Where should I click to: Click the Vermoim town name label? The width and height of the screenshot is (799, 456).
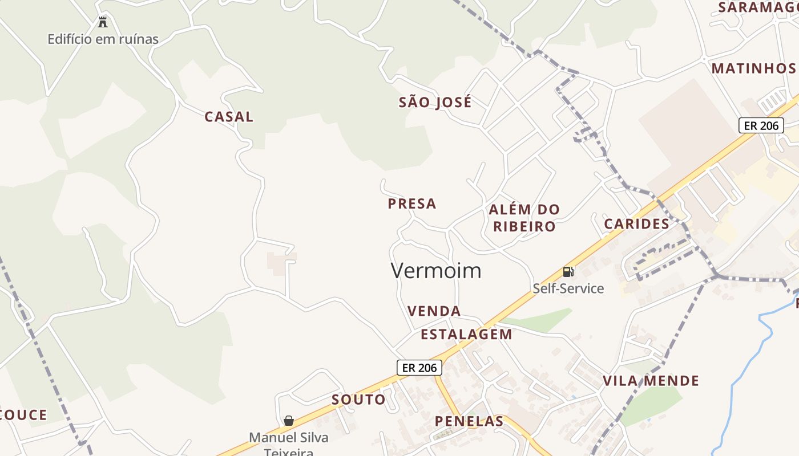[x=436, y=271]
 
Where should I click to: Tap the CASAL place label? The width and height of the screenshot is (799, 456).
[x=229, y=117]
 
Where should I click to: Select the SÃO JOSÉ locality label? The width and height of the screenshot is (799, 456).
[x=435, y=103]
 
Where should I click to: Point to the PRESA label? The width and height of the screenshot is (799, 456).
[x=412, y=204]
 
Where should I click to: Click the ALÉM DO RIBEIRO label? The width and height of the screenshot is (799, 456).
[x=524, y=218]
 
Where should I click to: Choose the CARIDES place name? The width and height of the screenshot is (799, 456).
[x=636, y=224]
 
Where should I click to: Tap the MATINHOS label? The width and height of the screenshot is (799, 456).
[x=753, y=68]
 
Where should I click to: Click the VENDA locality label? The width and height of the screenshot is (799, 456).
[x=434, y=311]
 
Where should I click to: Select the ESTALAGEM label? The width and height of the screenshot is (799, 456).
[x=466, y=335]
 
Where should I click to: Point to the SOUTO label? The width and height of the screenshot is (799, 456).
[x=358, y=400]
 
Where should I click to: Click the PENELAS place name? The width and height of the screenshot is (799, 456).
[x=469, y=422]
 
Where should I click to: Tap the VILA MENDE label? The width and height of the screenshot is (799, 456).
[x=651, y=381]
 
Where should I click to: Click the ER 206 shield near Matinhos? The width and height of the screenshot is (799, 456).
[x=761, y=125]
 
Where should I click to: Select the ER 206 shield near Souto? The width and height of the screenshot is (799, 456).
[x=419, y=368]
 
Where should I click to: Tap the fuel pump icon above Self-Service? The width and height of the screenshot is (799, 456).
[x=568, y=272]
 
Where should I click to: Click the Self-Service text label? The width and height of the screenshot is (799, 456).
[x=568, y=288]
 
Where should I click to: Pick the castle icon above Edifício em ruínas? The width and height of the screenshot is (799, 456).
[x=103, y=23]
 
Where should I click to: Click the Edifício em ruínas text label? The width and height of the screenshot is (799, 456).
[x=103, y=39]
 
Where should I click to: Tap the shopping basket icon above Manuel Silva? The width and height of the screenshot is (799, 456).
[x=289, y=421]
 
